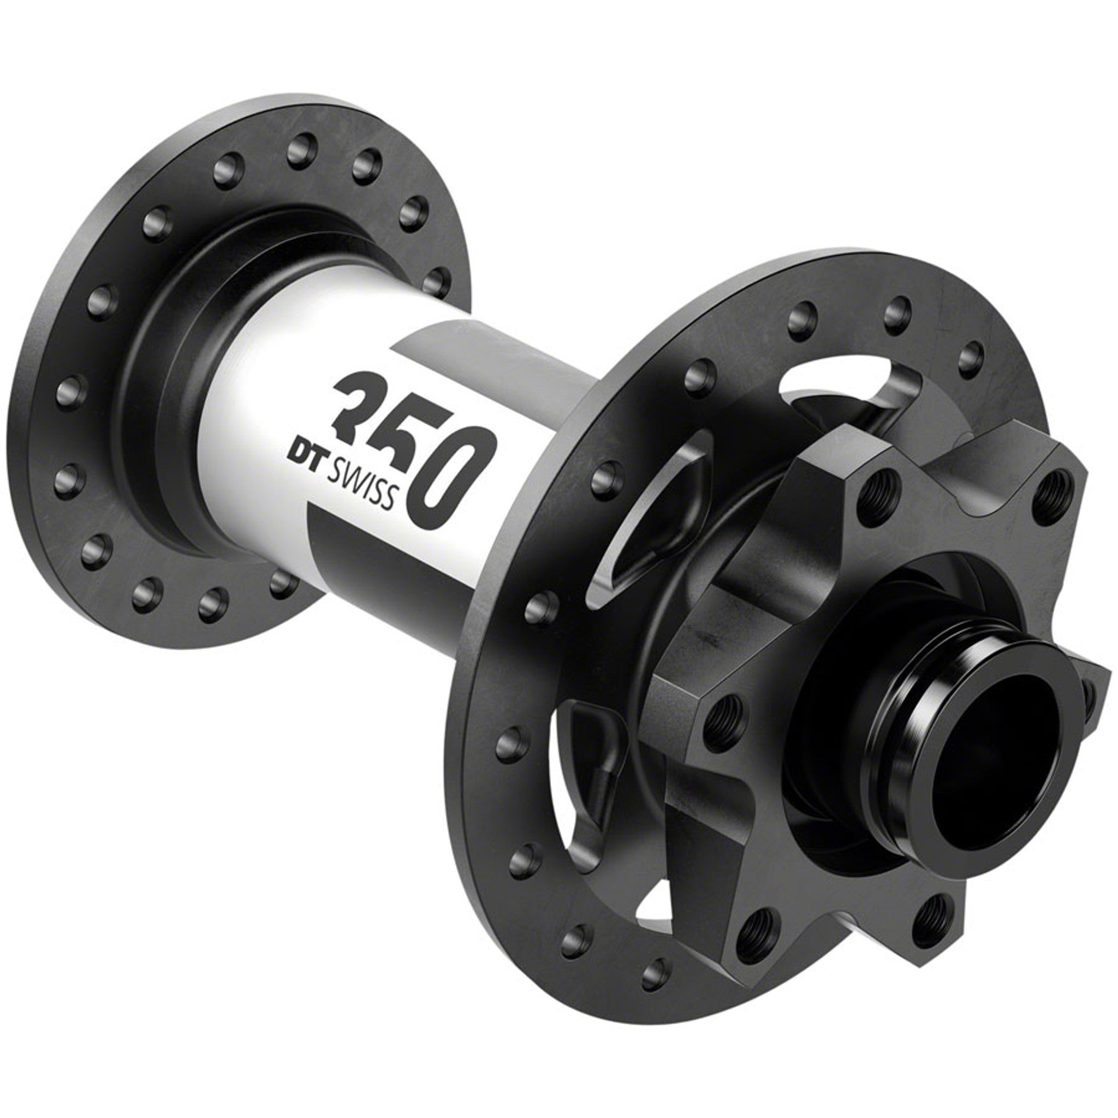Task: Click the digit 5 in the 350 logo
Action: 411,443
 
